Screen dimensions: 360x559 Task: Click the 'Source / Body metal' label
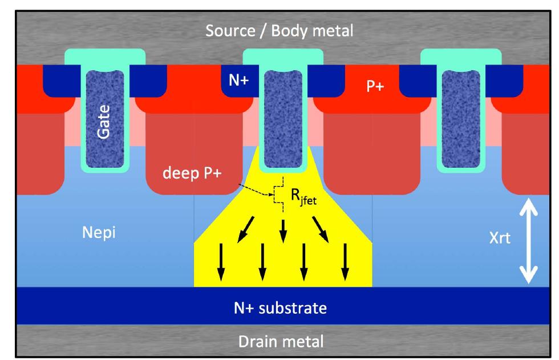click(279, 31)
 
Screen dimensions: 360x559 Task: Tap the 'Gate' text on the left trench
click(105, 120)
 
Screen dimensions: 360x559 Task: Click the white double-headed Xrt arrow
click(530, 240)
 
